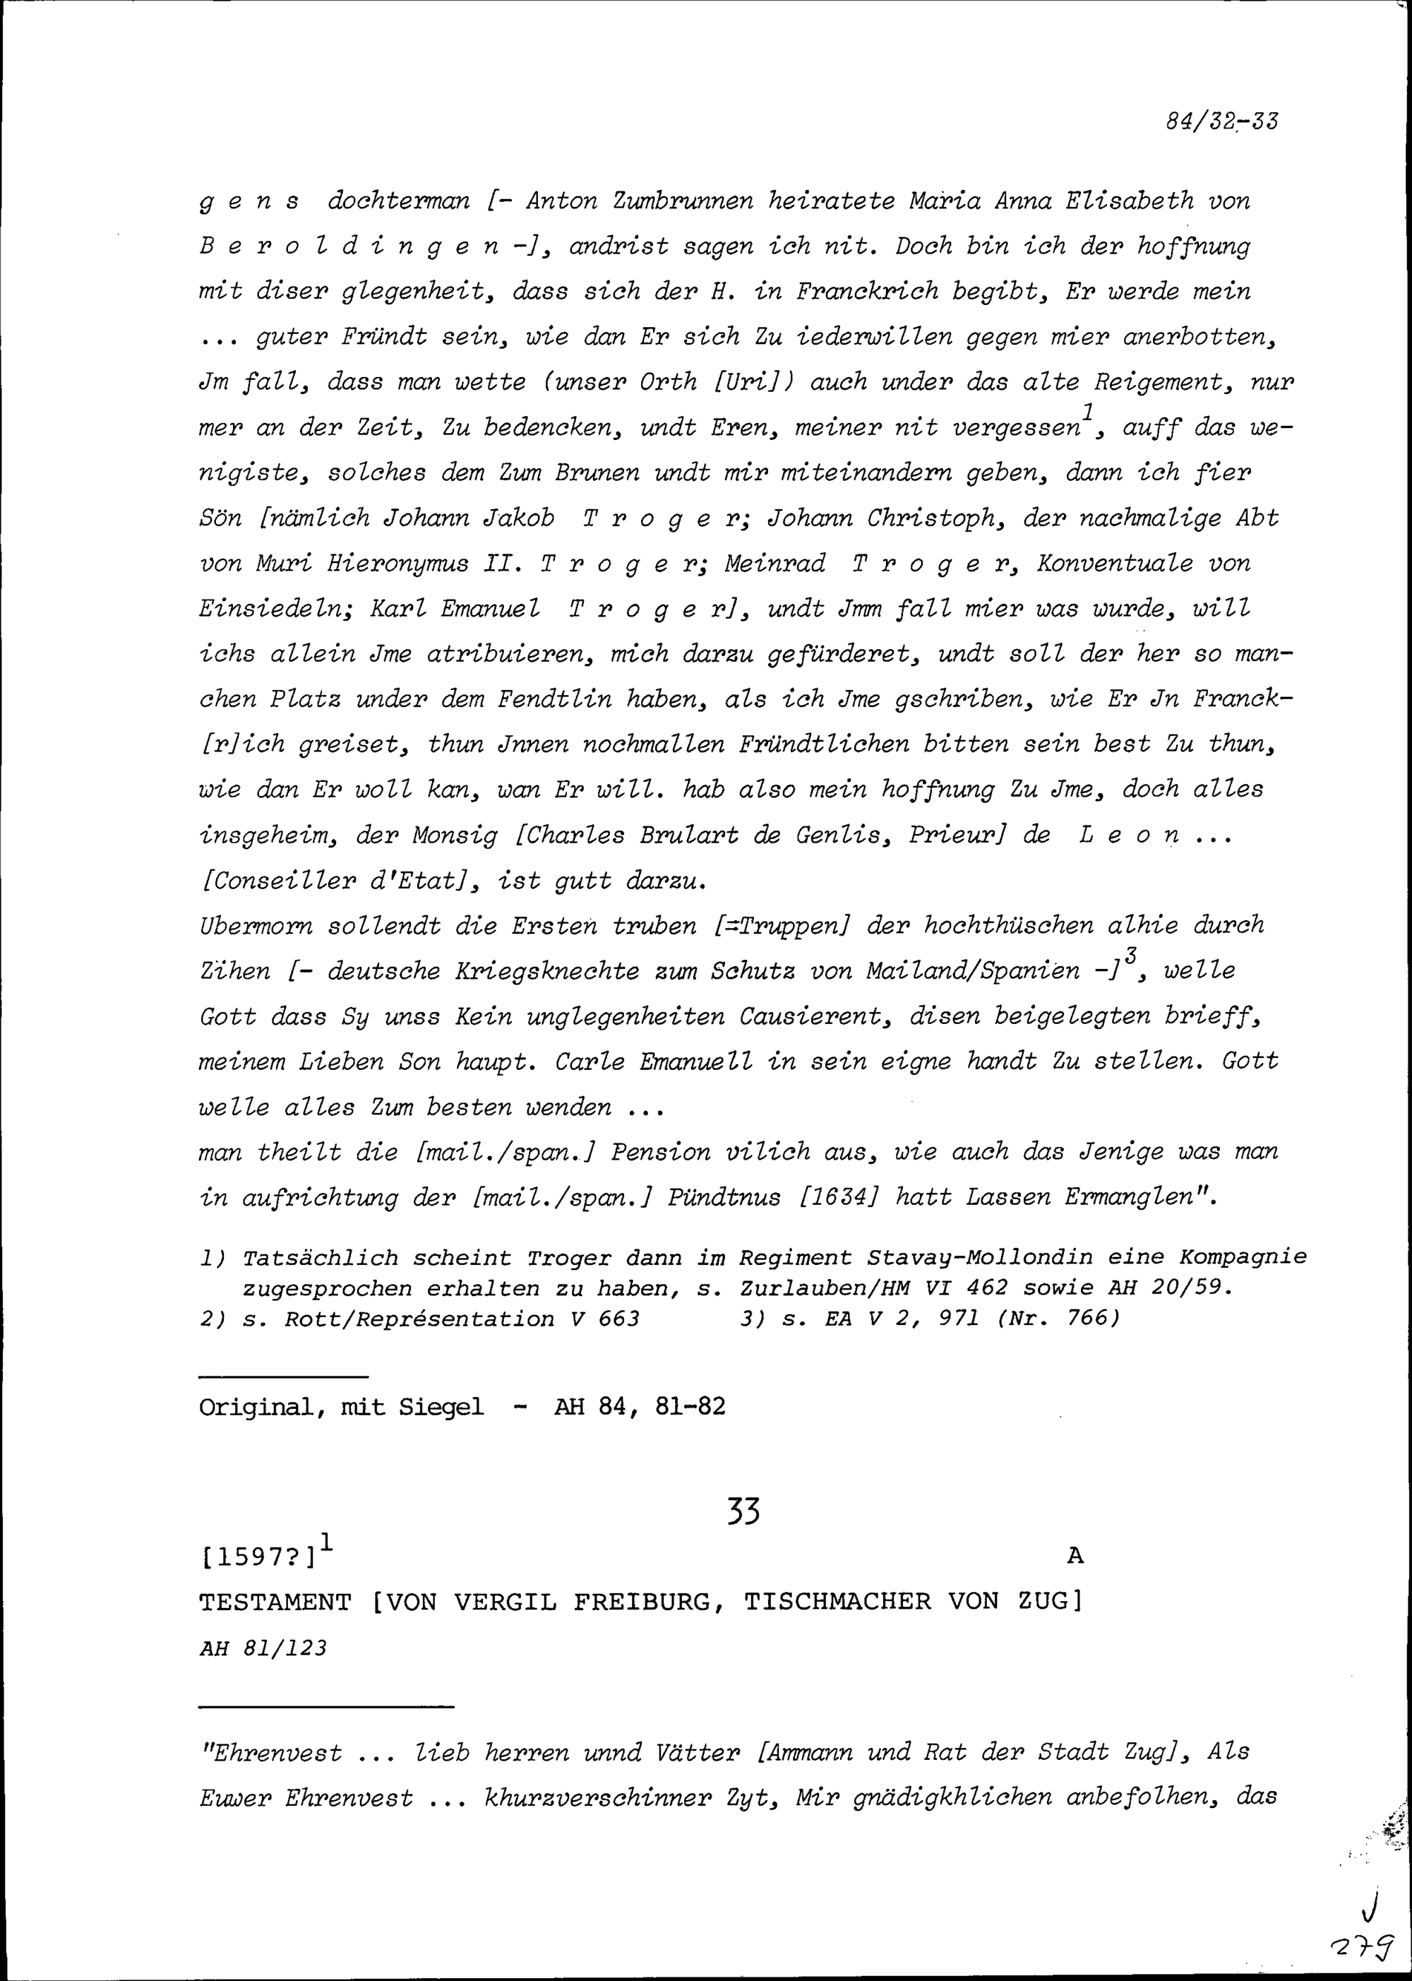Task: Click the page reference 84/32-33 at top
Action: (x=1221, y=121)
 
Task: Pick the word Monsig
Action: (x=454, y=835)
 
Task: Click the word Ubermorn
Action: (x=256, y=925)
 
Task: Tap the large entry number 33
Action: (x=743, y=1513)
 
